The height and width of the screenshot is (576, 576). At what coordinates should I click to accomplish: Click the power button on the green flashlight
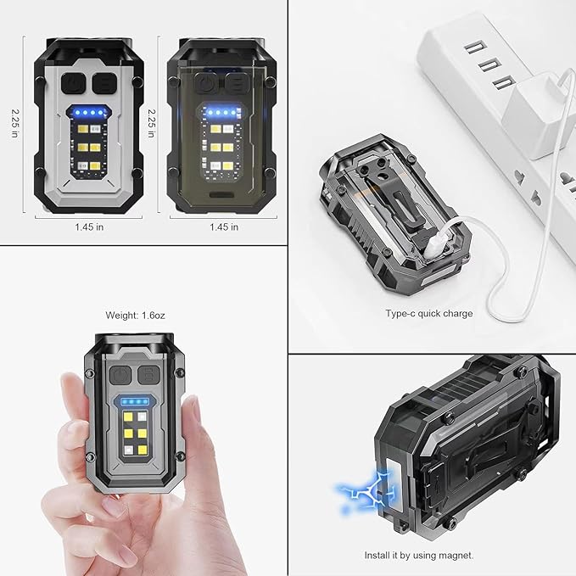pos(207,83)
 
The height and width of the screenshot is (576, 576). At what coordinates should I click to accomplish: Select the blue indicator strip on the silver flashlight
pos(88,113)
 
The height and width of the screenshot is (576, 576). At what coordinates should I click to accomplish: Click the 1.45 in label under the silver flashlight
pos(89,227)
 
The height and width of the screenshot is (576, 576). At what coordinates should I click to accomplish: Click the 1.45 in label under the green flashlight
pos(224,227)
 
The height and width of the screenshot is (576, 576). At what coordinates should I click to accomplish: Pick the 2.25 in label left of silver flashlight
pos(14,123)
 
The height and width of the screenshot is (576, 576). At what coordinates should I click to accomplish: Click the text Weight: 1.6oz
pos(135,316)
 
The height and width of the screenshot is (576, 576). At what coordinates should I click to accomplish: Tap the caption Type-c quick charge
pos(429,313)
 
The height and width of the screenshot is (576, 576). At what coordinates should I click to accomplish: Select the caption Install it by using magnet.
pos(419,555)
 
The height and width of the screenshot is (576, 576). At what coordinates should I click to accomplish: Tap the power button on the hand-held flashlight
pos(120,376)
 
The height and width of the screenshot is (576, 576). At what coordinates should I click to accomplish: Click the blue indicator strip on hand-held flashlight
pos(136,401)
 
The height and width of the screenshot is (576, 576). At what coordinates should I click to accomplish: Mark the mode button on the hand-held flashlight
pos(149,376)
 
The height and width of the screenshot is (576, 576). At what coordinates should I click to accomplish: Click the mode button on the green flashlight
pos(237,83)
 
